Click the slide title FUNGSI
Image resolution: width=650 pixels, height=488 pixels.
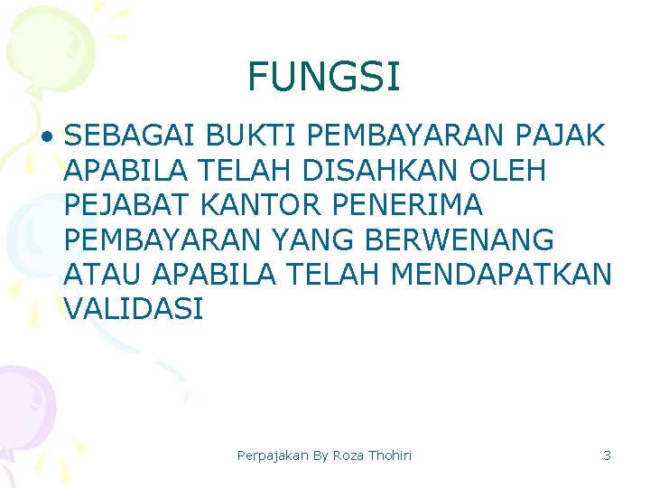pos(323,78)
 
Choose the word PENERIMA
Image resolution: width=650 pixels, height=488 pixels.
pos(408,204)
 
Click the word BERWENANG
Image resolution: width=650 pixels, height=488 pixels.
pos(477,239)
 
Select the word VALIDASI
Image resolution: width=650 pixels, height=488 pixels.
pos(134,308)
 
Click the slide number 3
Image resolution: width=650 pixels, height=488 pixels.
pos(607,455)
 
